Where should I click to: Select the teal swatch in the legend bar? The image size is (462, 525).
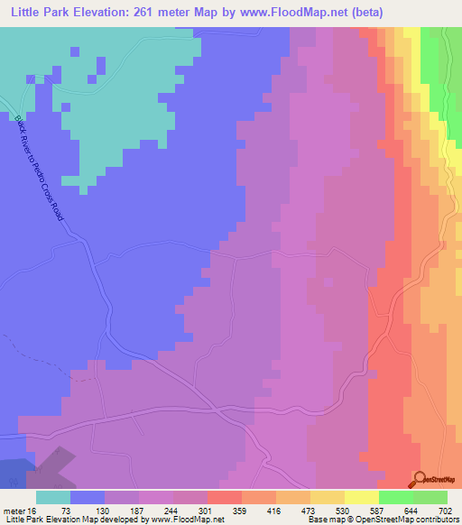(x=52, y=497)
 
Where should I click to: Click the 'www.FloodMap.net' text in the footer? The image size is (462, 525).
(x=188, y=520)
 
